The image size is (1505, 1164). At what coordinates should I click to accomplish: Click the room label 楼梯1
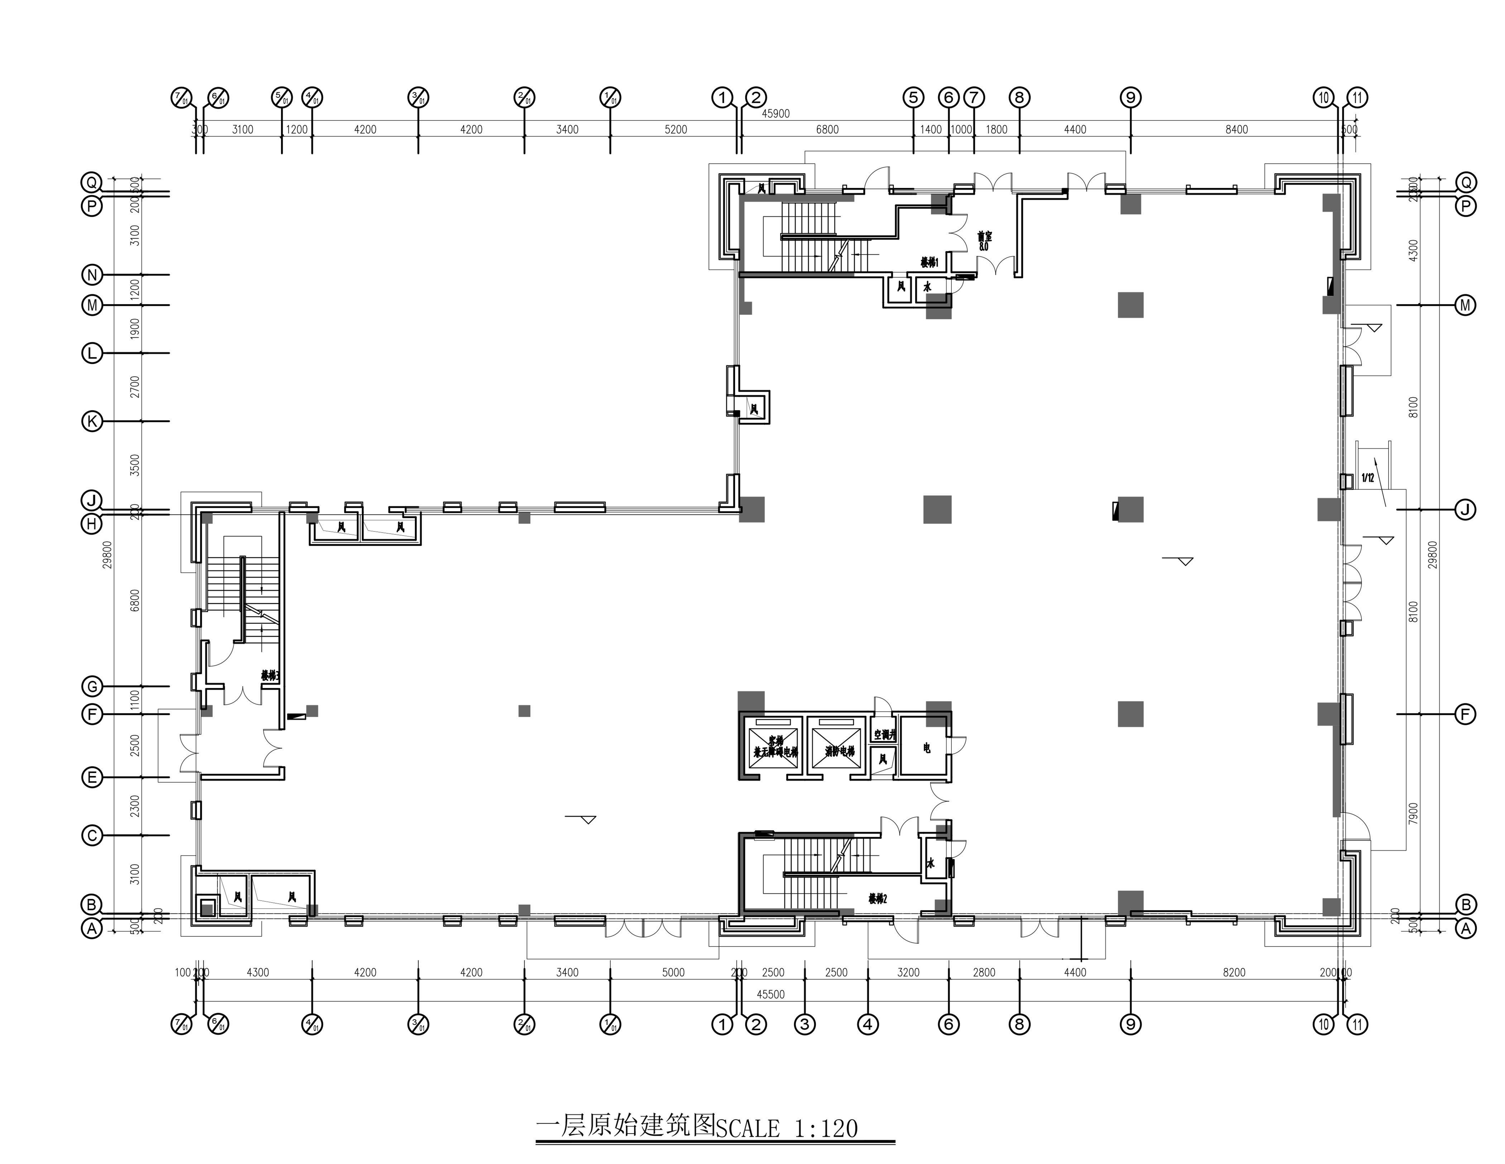click(x=929, y=263)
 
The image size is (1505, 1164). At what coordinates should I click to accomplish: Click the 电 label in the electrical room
click(x=927, y=748)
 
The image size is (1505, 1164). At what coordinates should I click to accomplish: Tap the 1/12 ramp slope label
click(x=1368, y=477)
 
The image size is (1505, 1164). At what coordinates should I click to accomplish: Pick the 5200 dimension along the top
click(x=675, y=130)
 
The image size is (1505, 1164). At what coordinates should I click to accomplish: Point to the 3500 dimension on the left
click(x=135, y=465)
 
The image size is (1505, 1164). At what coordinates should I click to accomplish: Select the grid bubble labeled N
click(x=92, y=275)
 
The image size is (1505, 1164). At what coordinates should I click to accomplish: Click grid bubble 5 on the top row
click(x=913, y=98)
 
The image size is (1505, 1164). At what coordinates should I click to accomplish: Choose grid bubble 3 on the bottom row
click(x=804, y=1024)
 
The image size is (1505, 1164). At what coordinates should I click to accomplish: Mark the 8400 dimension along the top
click(x=1236, y=130)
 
